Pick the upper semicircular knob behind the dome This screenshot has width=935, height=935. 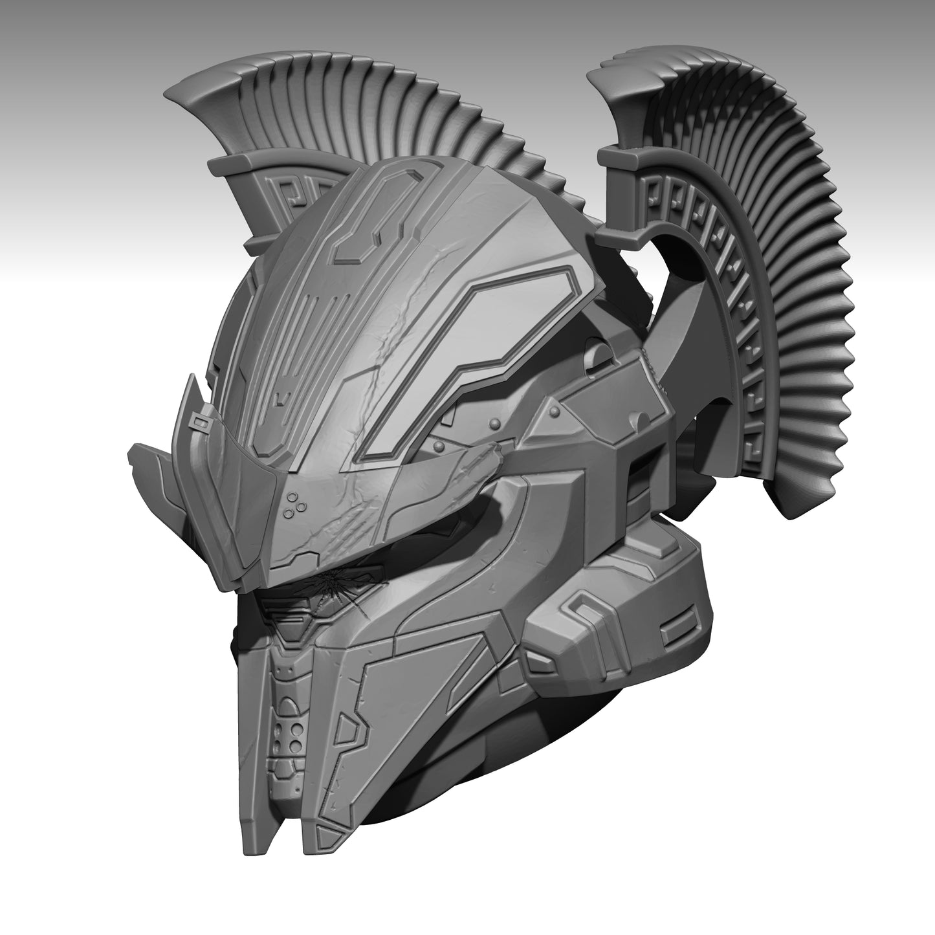point(599,354)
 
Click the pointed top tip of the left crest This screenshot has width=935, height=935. point(170,94)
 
